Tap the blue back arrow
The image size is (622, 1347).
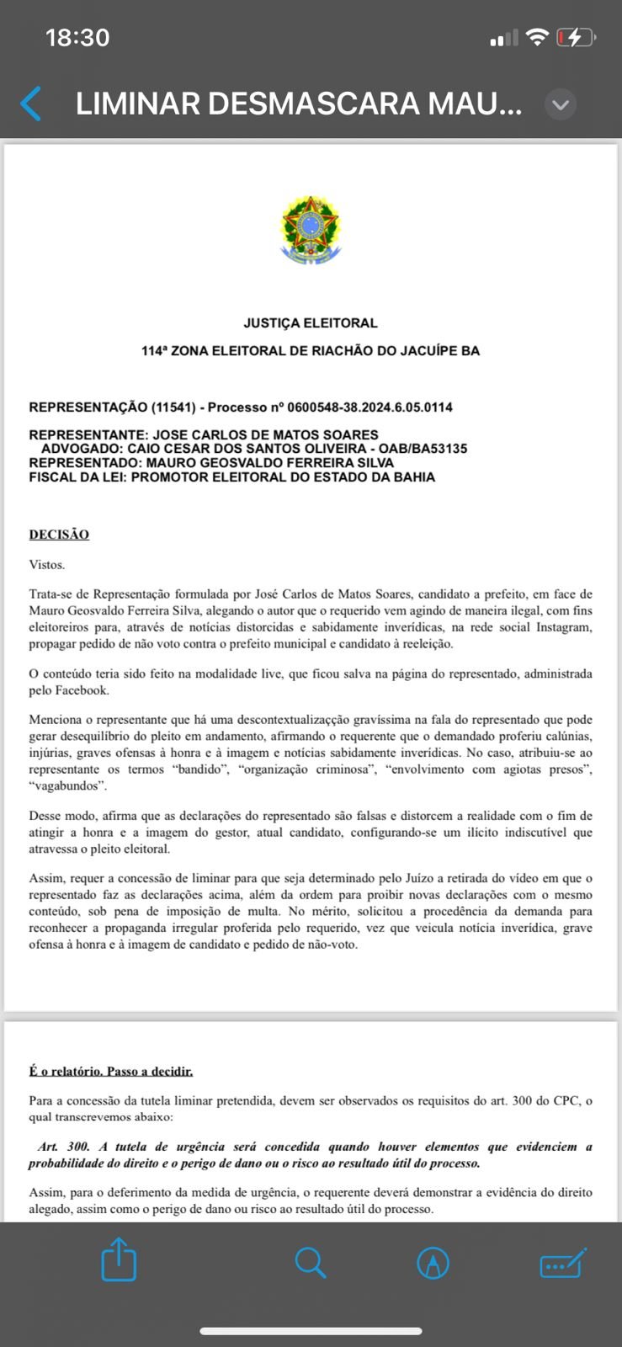coord(30,104)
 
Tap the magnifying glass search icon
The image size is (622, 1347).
coord(310,1262)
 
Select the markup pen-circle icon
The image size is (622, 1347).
coord(433,1262)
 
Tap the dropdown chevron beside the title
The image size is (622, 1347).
coord(561,104)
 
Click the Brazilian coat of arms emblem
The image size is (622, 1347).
coord(310,229)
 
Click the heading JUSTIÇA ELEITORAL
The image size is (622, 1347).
coord(311,322)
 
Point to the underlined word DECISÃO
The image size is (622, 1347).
coord(59,535)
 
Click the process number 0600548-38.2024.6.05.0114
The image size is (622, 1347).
coord(369,407)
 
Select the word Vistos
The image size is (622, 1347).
coord(46,564)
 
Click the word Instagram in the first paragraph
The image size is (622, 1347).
coord(561,627)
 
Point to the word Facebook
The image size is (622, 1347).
coord(82,690)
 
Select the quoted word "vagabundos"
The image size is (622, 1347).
coord(67,785)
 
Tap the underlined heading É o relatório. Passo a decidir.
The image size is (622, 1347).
coord(111,1071)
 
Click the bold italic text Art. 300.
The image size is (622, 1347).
coord(64,1147)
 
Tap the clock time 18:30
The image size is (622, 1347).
coord(77,37)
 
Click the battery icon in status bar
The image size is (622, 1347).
coord(576,37)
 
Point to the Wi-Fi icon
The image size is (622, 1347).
coord(536,37)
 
